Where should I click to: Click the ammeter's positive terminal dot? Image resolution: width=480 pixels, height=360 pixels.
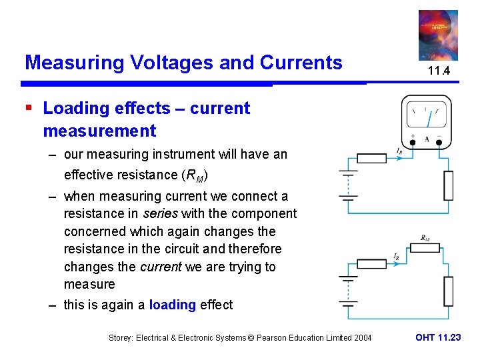coord(413,142)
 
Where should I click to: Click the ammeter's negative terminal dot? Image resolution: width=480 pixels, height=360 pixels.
coord(439,142)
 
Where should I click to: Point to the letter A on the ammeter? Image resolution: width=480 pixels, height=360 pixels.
coord(427,140)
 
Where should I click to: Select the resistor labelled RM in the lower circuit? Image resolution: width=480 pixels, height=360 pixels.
coord(425,248)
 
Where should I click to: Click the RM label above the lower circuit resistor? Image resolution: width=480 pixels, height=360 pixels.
coord(425,237)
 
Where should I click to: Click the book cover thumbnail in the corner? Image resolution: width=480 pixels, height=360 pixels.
coord(437,35)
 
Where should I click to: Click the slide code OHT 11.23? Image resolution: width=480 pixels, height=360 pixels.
coord(437,337)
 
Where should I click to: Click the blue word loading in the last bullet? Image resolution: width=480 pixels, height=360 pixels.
coord(172,305)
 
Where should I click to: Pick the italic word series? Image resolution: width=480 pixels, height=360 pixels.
coord(159,214)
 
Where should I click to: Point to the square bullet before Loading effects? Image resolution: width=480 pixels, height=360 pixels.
coord(29,108)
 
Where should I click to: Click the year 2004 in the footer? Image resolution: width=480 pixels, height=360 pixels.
coord(361,338)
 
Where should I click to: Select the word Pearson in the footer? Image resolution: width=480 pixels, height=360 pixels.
coord(266,338)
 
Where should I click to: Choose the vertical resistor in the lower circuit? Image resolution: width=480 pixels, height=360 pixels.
coord(449,290)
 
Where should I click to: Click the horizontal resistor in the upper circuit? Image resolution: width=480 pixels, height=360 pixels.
coord(372,159)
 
